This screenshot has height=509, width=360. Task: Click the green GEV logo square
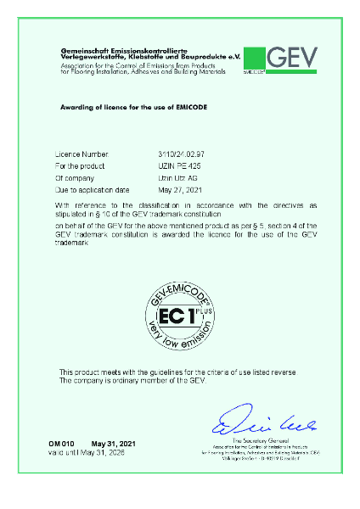click(x=254, y=59)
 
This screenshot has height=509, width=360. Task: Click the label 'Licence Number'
click(x=82, y=156)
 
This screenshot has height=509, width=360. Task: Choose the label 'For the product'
click(x=80, y=168)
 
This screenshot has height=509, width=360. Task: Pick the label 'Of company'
click(x=74, y=180)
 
